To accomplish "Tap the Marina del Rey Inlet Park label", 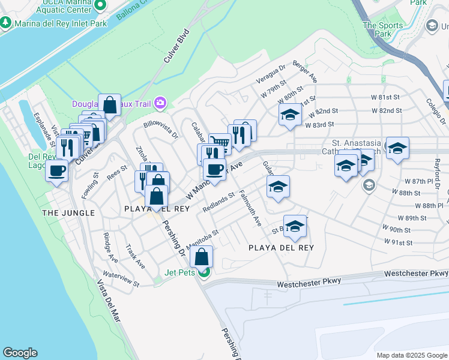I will [59, 23].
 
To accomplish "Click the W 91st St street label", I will [397, 242].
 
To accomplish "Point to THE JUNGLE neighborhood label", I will [68, 213].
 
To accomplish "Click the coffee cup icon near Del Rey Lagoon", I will [58, 170].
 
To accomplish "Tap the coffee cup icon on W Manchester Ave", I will [214, 169].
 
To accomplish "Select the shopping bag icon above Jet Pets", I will [202, 257].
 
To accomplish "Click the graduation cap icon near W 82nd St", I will [289, 115].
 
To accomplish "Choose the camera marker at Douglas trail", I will [160, 103].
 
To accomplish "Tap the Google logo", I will [20, 353].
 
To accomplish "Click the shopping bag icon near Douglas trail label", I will [109, 105].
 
